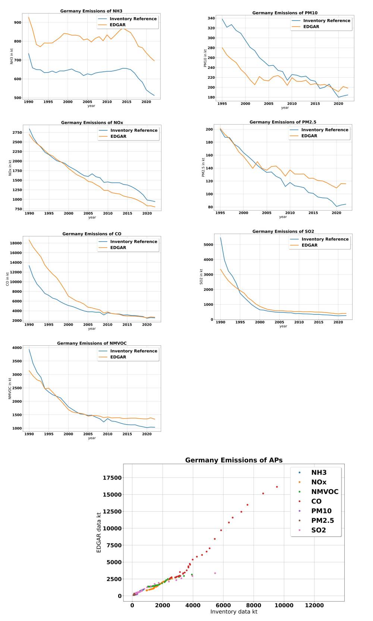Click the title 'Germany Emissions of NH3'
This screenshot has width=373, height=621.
pos(91,11)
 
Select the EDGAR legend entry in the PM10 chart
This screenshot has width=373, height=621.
pos(311,27)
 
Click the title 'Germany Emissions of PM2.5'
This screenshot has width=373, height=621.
pos(283,122)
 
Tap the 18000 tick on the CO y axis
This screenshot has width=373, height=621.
pos(15,243)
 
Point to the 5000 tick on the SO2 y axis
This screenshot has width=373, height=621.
pos(208,245)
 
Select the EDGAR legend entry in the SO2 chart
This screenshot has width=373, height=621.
pos(309,245)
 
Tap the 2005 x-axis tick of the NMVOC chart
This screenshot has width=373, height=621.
pos(88,434)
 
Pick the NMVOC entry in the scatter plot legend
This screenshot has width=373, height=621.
pos(325,492)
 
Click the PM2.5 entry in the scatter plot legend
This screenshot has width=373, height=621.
pos(322,521)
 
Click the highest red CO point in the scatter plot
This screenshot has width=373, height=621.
pos(277,487)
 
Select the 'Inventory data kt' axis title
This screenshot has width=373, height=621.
pos(234,612)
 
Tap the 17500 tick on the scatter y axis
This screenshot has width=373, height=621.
pos(112,478)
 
